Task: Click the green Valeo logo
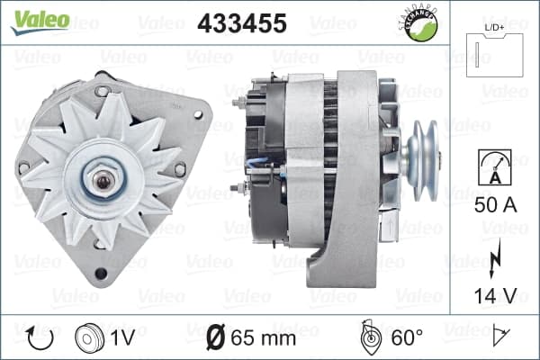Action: tap(40, 22)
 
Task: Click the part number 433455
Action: tap(242, 23)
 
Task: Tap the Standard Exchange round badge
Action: tap(419, 24)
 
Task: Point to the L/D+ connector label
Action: tap(494, 28)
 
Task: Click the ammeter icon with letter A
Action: tap(495, 167)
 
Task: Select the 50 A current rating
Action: tap(496, 205)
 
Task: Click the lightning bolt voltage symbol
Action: tap(495, 257)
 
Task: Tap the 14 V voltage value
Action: tap(496, 295)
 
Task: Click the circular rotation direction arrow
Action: tap(40, 337)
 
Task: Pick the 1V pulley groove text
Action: tap(122, 337)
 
